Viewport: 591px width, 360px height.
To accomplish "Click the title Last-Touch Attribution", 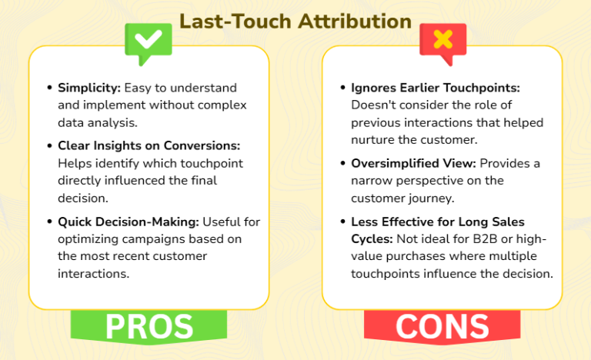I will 295,21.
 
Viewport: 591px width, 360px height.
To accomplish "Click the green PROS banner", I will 149,325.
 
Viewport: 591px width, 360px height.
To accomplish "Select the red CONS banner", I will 442,325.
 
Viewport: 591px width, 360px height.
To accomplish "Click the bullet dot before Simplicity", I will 51,88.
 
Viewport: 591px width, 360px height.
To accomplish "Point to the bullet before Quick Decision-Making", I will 51,222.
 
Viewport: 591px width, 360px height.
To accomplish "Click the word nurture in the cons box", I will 375,139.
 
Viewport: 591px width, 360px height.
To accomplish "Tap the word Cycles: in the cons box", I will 373,238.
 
